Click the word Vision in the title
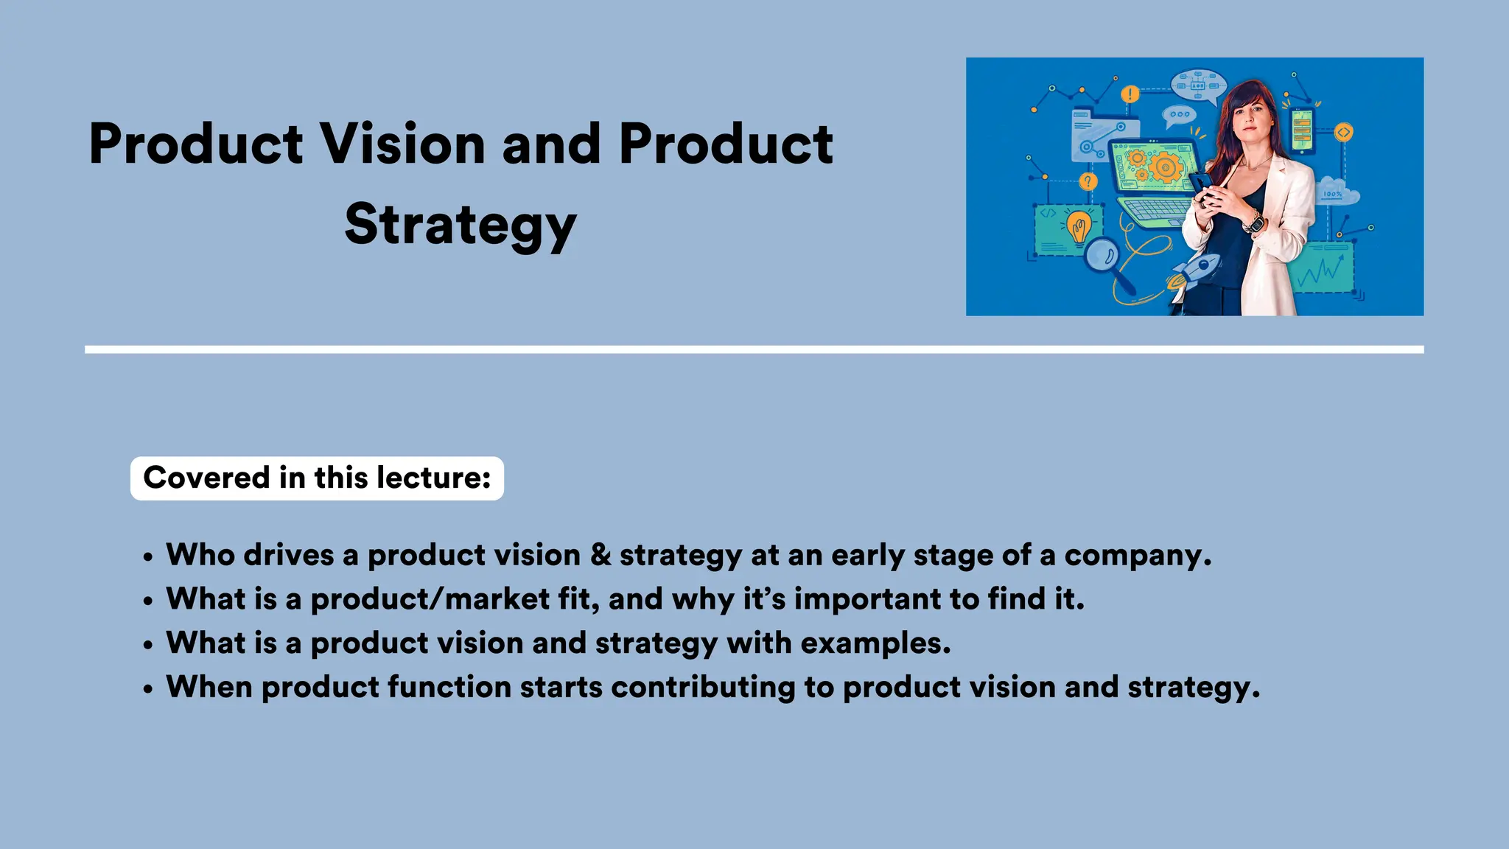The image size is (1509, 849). [x=402, y=144]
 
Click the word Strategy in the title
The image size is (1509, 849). [x=461, y=225]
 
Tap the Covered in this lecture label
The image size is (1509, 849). [x=317, y=478]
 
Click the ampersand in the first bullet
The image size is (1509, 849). [x=601, y=555]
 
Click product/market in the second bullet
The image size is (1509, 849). [x=430, y=599]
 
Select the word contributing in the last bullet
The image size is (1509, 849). [x=703, y=687]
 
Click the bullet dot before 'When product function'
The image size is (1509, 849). [x=149, y=689]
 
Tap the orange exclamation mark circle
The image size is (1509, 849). [x=1130, y=94]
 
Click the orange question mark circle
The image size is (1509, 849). [x=1088, y=181]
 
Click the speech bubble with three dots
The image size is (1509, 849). [x=1179, y=115]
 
